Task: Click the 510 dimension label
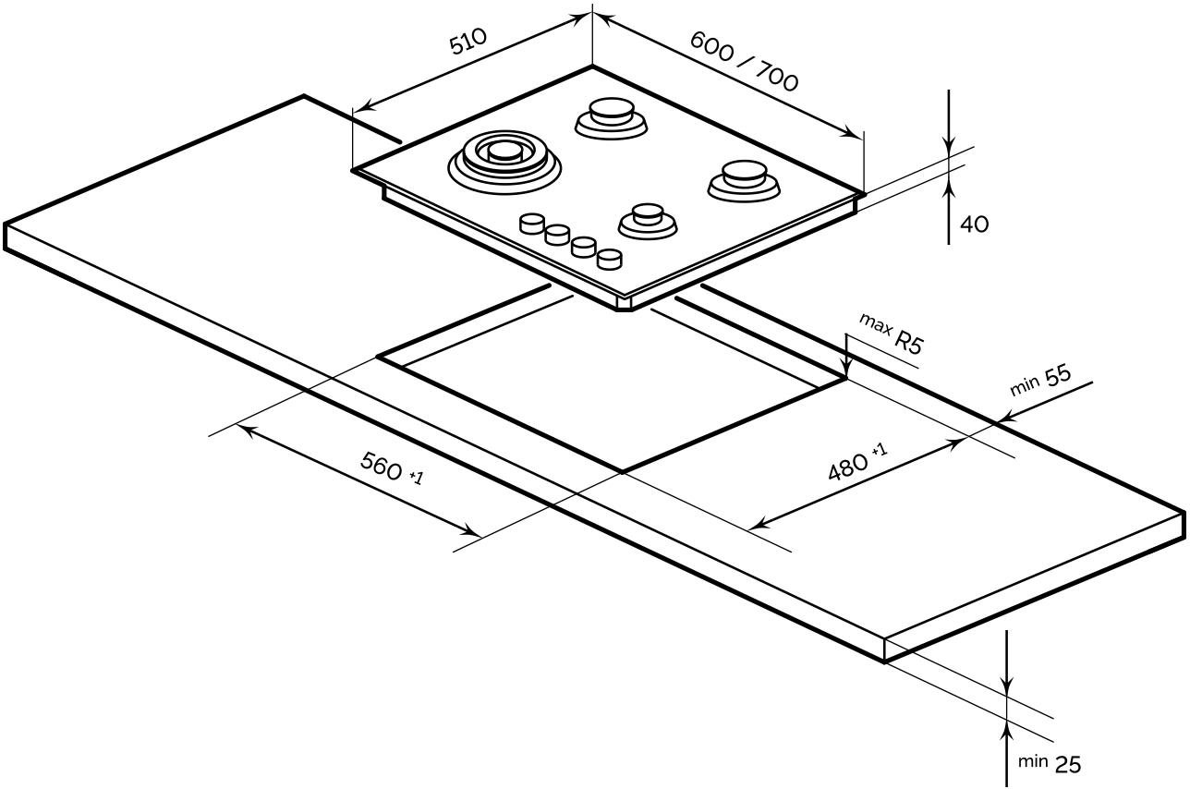tap(467, 43)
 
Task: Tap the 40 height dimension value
tap(974, 225)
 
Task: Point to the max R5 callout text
tap(891, 334)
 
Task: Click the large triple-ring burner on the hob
tap(504, 160)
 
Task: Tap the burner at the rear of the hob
tap(610, 117)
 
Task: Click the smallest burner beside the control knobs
tap(648, 221)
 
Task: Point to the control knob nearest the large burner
tap(531, 225)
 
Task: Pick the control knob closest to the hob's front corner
tap(609, 260)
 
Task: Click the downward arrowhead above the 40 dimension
tap(950, 146)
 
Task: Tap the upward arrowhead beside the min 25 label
tap(1007, 730)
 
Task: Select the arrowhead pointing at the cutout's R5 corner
tap(845, 370)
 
